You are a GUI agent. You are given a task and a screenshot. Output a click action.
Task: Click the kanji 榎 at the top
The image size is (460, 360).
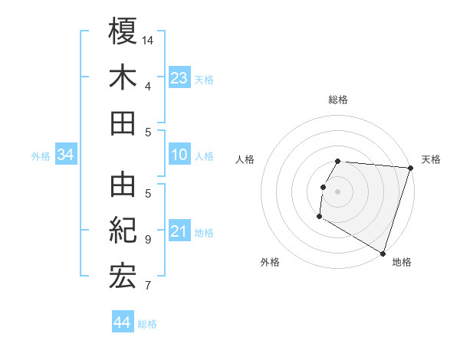123,31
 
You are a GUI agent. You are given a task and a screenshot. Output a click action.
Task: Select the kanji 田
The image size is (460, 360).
123,123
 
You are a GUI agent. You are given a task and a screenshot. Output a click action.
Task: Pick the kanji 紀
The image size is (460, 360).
123,231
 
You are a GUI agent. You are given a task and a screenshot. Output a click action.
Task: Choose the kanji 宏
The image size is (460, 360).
123,277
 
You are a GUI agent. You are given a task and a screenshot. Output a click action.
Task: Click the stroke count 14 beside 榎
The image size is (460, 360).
148,40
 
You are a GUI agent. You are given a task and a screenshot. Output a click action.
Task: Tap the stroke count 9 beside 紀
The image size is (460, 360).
148,239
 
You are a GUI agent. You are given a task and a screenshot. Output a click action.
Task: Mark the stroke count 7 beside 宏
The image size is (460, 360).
148,286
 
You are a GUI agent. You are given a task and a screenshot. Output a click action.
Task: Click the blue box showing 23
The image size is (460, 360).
179,77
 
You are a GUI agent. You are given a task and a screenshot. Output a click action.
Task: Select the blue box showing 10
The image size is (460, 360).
179,155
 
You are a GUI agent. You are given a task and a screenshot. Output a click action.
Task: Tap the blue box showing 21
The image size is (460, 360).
179,231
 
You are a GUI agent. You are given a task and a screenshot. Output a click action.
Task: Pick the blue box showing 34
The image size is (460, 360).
66,155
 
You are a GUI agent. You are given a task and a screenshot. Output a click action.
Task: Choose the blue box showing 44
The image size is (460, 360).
123,322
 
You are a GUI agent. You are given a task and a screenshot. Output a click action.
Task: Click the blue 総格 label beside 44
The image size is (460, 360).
148,324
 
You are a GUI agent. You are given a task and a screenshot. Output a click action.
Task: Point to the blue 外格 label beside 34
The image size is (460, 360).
41,156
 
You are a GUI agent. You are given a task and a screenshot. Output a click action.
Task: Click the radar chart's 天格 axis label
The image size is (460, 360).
431,159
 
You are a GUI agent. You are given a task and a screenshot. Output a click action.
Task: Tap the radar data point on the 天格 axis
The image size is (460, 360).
410,168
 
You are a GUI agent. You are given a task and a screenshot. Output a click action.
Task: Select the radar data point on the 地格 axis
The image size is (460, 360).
382,253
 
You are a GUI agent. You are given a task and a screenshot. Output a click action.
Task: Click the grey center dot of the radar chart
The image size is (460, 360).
337,191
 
